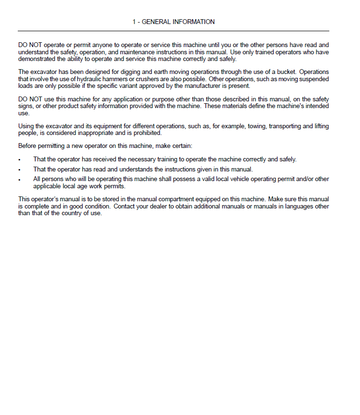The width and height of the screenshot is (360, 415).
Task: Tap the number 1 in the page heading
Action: click(134, 22)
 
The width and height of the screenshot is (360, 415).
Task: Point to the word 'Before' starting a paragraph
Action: click(27, 146)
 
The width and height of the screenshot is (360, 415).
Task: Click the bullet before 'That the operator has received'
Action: click(19, 159)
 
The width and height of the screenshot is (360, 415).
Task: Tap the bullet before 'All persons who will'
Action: click(19, 179)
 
